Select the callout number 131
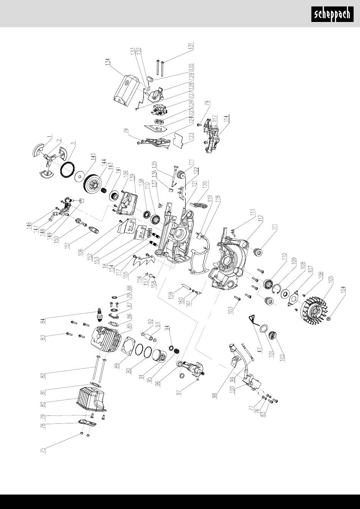(191, 45)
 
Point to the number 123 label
(191, 137)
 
